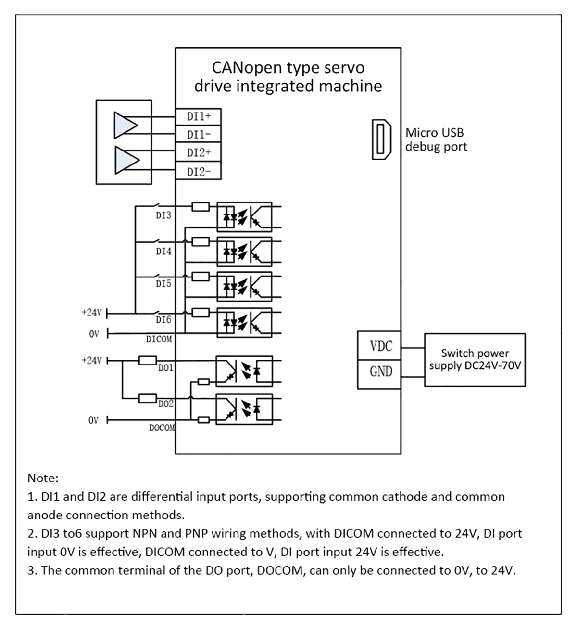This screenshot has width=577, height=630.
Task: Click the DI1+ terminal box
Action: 198,117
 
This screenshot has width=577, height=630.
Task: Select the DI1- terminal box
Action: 198,135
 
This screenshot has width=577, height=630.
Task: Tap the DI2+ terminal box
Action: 198,153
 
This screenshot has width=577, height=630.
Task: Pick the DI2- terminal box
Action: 198,172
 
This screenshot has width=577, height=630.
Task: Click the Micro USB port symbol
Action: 382,139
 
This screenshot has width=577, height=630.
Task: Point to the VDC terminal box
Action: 380,346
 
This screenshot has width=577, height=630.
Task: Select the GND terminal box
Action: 380,372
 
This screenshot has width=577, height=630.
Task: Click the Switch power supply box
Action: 475,360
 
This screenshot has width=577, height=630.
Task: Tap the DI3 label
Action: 163,215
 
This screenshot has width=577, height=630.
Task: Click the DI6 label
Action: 163,319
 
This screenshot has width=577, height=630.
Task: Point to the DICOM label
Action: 159,339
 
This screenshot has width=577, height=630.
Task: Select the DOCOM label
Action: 162,428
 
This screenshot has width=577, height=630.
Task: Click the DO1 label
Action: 165,368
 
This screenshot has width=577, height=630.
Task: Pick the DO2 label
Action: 166,404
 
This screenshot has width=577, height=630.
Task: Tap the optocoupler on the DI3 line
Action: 244,217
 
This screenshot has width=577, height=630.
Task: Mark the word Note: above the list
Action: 43,479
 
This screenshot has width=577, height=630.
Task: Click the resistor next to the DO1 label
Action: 147,360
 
